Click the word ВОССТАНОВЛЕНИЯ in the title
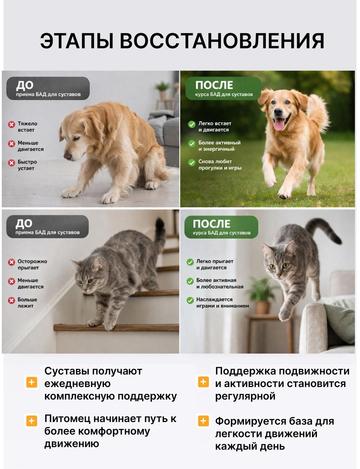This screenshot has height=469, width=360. pyautogui.click(x=222, y=41)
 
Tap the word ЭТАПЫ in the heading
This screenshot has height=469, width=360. pyautogui.click(x=77, y=41)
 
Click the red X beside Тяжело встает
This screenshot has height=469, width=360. pyautogui.click(x=11, y=124)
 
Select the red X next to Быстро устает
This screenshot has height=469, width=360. pyautogui.click(x=11, y=163)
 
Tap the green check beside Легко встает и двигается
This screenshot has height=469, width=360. pyautogui.click(x=192, y=124)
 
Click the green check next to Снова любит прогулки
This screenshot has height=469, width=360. pyautogui.click(x=192, y=163)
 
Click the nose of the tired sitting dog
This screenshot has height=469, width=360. pyautogui.click(x=67, y=156)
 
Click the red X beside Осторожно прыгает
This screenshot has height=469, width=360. pyautogui.click(x=11, y=262)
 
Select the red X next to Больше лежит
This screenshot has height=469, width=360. pyautogui.click(x=11, y=300)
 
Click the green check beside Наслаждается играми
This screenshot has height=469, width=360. pyautogui.click(x=190, y=300)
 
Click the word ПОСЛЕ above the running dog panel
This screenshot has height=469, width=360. pyautogui.click(x=214, y=85)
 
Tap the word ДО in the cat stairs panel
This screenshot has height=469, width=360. pyautogui.click(x=24, y=224)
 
